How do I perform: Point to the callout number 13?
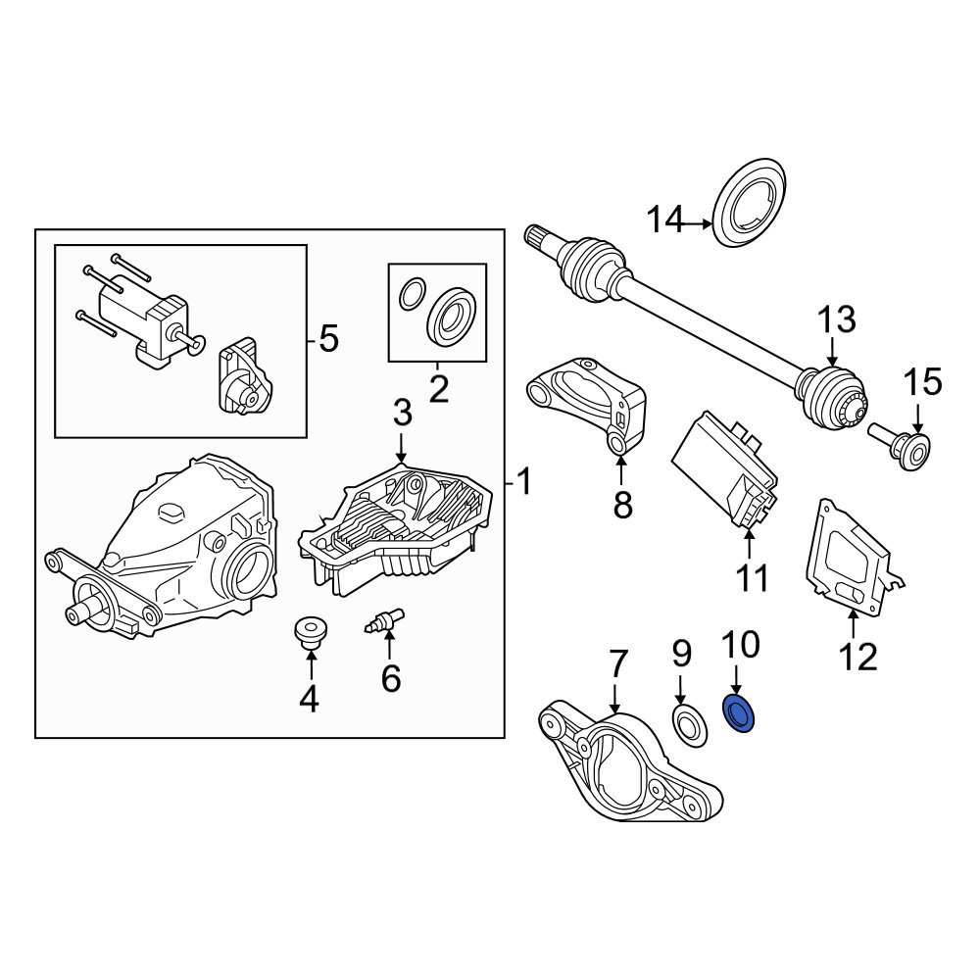(x=836, y=319)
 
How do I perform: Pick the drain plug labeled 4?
(x=311, y=632)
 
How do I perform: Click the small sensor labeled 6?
(x=386, y=621)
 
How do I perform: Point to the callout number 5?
(x=327, y=340)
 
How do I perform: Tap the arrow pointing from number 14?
(x=698, y=224)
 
